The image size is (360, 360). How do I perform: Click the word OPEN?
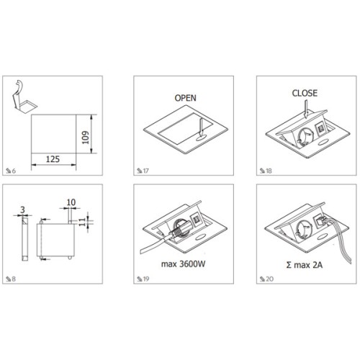click(x=185, y=98)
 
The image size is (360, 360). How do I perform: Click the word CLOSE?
click(x=305, y=93)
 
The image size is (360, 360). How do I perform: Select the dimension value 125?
click(x=53, y=159)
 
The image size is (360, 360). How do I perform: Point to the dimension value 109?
click(x=86, y=138)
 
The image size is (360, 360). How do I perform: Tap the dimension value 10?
click(x=71, y=202)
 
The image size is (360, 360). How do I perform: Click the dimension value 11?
click(x=82, y=222)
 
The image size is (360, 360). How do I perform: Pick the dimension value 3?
click(x=22, y=210)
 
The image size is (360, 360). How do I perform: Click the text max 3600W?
click(x=184, y=264)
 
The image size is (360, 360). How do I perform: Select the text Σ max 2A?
click(x=305, y=265)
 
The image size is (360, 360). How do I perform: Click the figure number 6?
click(x=14, y=171)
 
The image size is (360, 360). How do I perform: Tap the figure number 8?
click(x=14, y=279)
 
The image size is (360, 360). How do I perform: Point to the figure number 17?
click(x=146, y=171)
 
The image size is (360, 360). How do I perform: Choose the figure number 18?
click(x=269, y=171)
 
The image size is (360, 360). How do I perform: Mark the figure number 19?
click(x=146, y=279)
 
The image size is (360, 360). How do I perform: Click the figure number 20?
click(x=270, y=279)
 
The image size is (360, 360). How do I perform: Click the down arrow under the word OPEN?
click(x=202, y=127)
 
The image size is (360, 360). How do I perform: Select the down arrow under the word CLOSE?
click(x=306, y=109)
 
